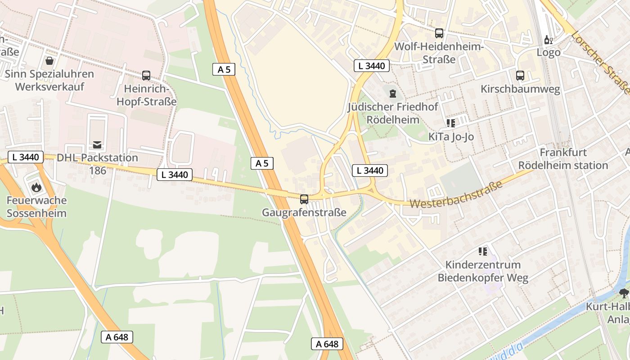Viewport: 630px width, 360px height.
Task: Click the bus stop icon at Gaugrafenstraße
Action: (x=304, y=199)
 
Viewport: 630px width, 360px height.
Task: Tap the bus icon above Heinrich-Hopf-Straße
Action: (x=146, y=75)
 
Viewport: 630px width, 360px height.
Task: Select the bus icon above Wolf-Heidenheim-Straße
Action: (x=439, y=33)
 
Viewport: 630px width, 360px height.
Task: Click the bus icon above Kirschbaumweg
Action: (x=520, y=75)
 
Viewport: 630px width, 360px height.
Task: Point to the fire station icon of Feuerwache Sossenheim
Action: (x=36, y=187)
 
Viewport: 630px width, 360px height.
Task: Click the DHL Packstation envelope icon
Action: (x=97, y=144)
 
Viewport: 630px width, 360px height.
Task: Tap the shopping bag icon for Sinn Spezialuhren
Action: (x=49, y=60)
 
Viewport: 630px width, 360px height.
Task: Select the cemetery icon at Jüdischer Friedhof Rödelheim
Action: (x=393, y=94)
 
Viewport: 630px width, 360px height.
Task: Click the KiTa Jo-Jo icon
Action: (x=450, y=123)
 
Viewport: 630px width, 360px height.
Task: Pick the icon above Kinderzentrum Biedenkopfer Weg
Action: (x=483, y=251)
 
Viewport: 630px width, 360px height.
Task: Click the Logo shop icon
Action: (x=549, y=40)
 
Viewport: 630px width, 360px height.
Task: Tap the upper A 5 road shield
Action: (x=224, y=69)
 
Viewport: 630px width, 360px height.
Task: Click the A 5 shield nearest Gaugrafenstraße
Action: (x=262, y=163)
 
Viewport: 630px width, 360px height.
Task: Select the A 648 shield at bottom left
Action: (x=117, y=337)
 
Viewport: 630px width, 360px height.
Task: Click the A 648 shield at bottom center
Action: (x=327, y=344)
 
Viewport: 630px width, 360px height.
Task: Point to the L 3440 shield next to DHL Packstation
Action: (x=26, y=157)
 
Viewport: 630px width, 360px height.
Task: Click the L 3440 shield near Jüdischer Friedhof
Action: (x=371, y=66)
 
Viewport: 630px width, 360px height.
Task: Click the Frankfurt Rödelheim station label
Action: (x=563, y=159)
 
